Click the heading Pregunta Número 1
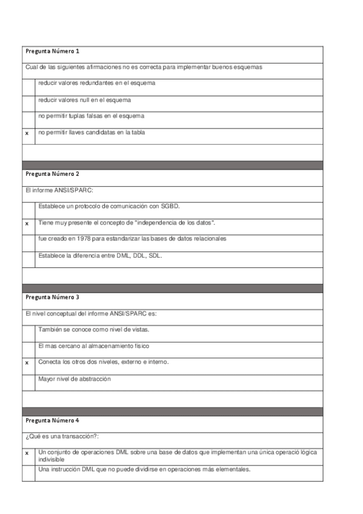coord(52,51)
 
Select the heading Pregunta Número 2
coord(52,174)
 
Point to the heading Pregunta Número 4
coord(52,420)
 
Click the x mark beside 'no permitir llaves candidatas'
coord(27,132)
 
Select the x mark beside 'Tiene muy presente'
coord(27,224)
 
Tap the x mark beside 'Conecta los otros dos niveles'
coord(27,362)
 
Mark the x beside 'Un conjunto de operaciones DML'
coord(27,453)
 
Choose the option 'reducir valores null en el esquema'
coord(84,99)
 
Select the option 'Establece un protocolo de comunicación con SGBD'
coord(108,206)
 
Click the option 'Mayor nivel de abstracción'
coord(75,378)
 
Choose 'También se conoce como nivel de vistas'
coord(94,329)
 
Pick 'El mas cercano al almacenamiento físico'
coord(93,345)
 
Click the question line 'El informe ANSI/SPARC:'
coord(56,191)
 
